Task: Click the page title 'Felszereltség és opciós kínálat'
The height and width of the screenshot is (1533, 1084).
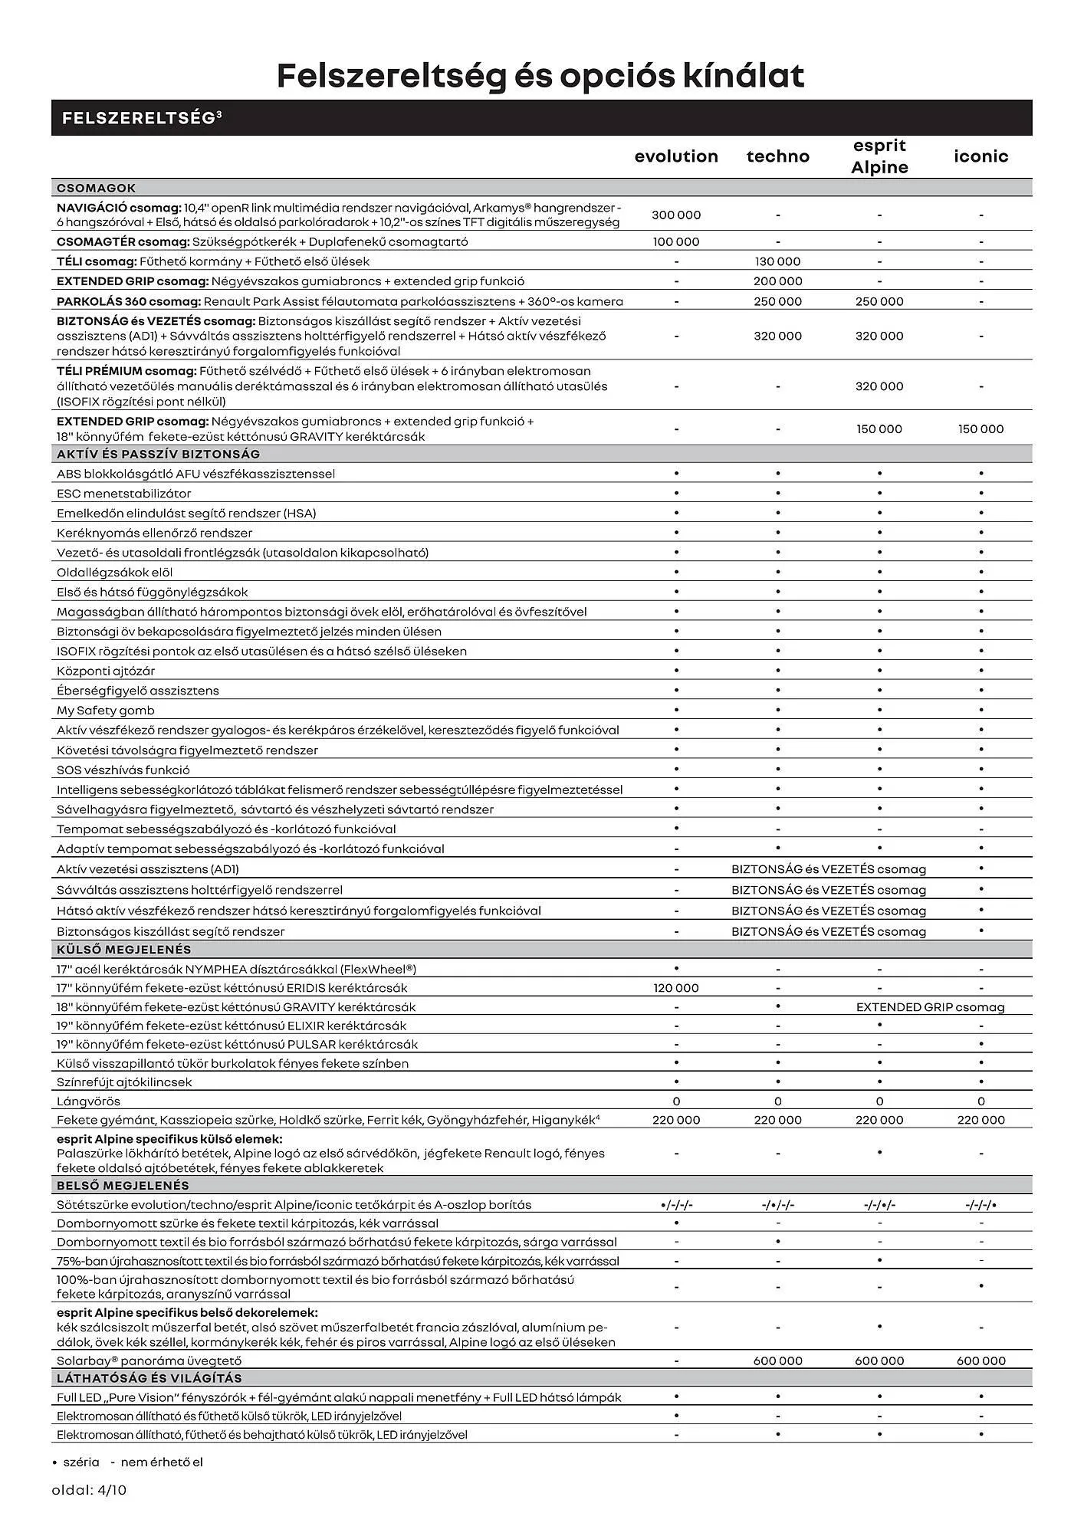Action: click(x=540, y=76)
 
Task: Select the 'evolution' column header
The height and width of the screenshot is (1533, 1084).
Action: click(x=676, y=156)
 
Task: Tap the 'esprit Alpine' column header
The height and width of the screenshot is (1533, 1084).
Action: click(x=879, y=156)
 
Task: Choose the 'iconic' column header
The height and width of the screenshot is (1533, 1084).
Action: click(x=981, y=156)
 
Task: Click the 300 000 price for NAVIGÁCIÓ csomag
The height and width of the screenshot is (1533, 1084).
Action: click(x=676, y=215)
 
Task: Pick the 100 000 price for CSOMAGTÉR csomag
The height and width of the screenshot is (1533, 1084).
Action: click(x=676, y=242)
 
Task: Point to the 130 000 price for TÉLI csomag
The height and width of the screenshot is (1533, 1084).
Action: click(x=777, y=262)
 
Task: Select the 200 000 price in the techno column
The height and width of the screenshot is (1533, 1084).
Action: click(x=777, y=281)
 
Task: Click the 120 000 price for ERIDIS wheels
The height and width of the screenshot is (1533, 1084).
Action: click(x=676, y=988)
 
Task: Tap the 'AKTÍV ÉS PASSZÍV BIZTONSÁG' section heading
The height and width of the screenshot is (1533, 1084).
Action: click(x=158, y=455)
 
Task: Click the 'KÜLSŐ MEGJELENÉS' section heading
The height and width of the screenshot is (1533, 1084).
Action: click(x=123, y=950)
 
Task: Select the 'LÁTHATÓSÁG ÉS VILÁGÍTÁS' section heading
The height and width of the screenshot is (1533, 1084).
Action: click(x=149, y=1378)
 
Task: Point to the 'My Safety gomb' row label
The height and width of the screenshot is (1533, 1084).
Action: click(x=105, y=711)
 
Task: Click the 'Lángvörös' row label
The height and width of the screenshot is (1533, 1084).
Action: click(x=88, y=1101)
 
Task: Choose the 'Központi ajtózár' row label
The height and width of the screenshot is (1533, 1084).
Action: click(x=106, y=671)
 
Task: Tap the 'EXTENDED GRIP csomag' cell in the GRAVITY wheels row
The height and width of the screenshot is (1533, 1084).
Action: click(x=930, y=1007)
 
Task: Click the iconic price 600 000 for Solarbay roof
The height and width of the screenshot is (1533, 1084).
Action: click(x=981, y=1361)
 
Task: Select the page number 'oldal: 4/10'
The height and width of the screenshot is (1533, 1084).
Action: click(x=89, y=1491)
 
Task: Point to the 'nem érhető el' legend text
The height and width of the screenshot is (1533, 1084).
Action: click(x=162, y=1462)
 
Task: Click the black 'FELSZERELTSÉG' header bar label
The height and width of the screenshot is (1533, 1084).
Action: click(x=142, y=118)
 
